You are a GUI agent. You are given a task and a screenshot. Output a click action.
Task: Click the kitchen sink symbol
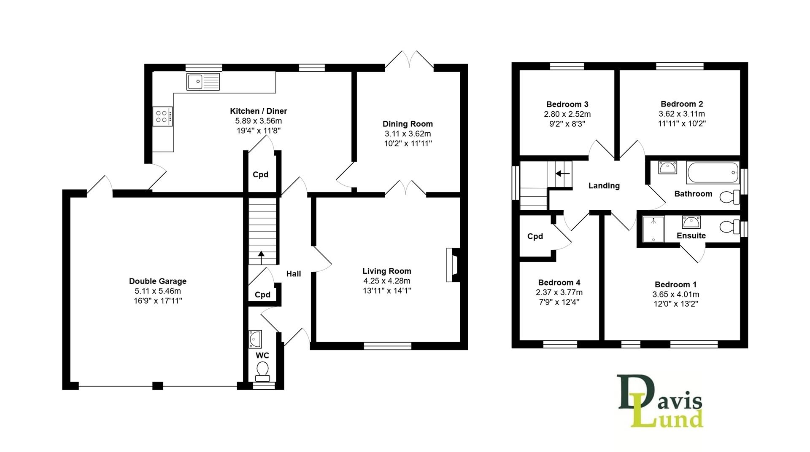[203, 81]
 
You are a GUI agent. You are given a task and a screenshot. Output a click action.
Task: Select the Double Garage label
[158, 281]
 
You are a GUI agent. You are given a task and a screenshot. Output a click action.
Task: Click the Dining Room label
[408, 124]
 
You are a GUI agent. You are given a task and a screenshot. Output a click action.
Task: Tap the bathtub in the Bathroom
[713, 172]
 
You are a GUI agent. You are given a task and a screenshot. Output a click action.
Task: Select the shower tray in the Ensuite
[653, 229]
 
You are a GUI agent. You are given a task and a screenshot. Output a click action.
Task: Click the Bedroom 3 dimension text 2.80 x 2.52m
[567, 114]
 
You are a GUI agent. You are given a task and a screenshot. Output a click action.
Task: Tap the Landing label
[604, 186]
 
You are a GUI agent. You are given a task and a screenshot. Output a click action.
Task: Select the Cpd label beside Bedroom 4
[535, 236]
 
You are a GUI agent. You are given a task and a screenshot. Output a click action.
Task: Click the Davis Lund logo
[660, 401]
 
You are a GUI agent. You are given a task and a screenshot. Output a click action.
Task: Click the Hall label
[294, 274]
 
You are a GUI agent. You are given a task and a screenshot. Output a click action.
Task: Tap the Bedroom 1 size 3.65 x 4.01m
[675, 294]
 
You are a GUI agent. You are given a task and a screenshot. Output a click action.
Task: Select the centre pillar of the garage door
[158, 385]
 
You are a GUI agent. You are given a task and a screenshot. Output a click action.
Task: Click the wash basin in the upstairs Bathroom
[667, 168]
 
